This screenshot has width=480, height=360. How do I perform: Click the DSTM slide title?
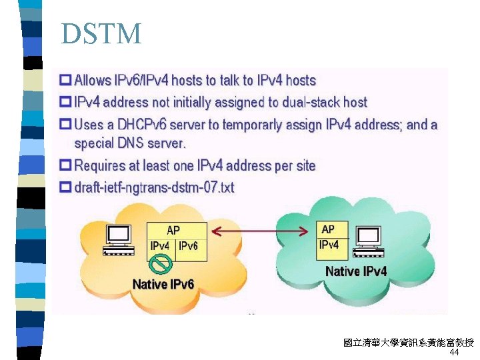pos(101,33)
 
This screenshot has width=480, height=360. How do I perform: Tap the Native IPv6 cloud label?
pos(163,285)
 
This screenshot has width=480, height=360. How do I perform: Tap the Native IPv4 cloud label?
pos(356,271)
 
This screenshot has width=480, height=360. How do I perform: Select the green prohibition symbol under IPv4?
pos(160,265)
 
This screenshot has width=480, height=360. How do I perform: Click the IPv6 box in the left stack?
pos(189,246)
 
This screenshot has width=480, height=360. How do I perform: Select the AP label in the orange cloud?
pos(173,230)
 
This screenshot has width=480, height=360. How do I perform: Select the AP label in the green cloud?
pos(328,229)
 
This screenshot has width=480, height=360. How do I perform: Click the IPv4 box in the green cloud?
pos(329,245)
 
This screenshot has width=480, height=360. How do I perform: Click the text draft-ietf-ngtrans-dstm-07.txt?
pos(154,188)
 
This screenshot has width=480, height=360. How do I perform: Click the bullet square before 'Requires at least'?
pos(65,165)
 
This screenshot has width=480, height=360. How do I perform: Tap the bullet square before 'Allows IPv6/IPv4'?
pos(65,81)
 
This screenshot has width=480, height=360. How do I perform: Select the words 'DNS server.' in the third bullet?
pos(151,143)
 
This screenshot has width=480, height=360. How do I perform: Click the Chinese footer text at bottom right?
pos(408,343)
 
